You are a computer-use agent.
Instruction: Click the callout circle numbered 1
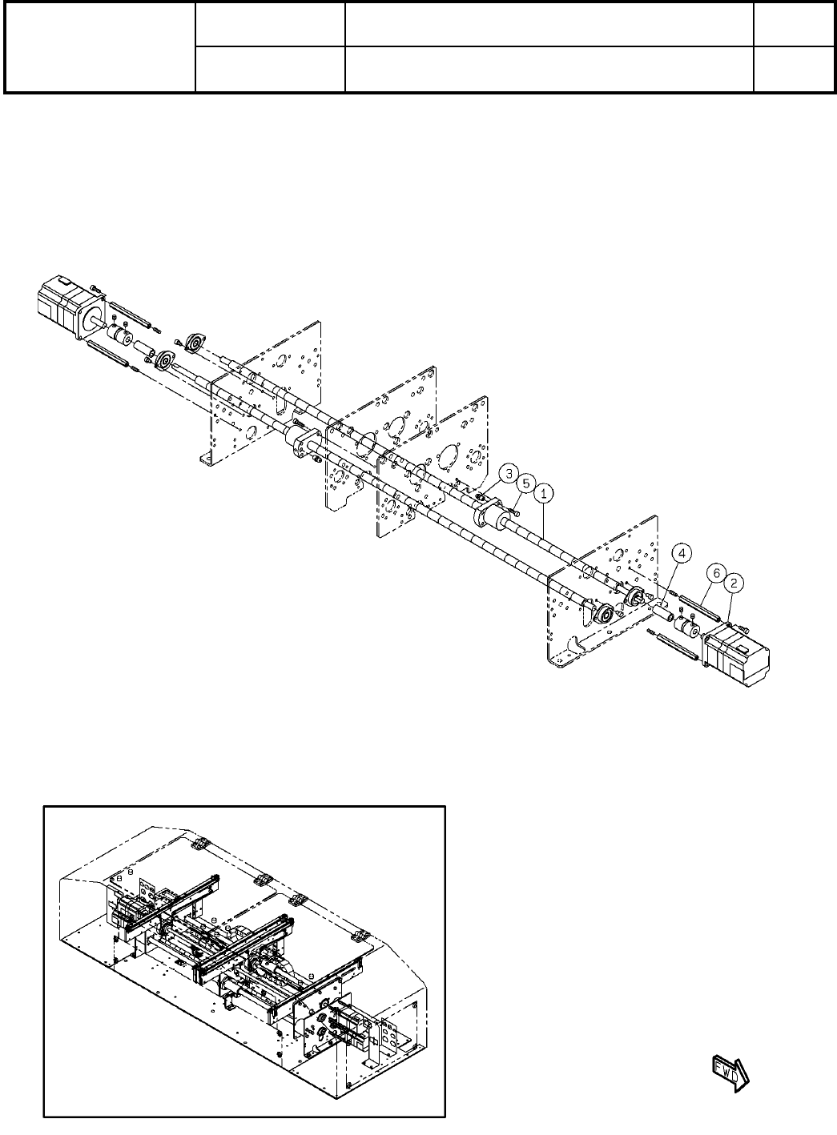pyautogui.click(x=543, y=494)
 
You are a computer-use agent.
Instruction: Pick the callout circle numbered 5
pyautogui.click(x=525, y=483)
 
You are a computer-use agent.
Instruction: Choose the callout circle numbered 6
pyautogui.click(x=718, y=574)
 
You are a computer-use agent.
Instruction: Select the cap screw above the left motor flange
pyautogui.click(x=94, y=287)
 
